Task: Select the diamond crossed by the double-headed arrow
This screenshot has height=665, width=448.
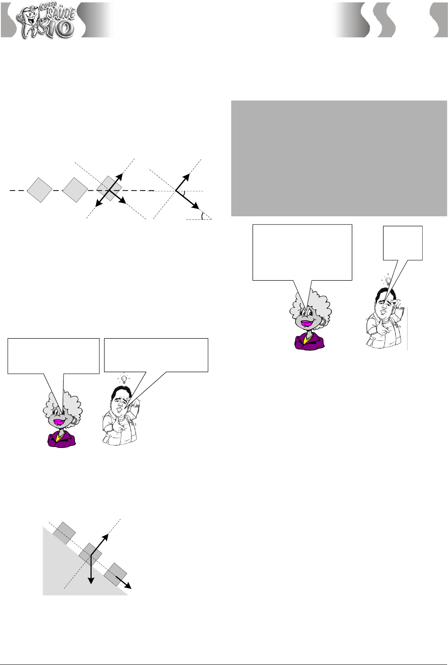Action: (109, 188)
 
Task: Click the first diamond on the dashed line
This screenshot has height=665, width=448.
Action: (40, 190)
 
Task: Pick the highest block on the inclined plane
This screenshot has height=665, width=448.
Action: (64, 533)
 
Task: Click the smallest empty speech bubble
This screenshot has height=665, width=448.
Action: (403, 243)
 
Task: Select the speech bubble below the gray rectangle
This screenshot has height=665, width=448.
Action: (302, 252)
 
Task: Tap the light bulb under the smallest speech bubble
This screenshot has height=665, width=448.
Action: (387, 280)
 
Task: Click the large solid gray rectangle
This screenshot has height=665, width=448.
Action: (339, 158)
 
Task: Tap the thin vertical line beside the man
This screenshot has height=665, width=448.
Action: (407, 329)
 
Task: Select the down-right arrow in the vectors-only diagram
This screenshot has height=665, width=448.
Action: (187, 199)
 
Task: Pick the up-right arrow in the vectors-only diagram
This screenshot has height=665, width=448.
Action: (182, 181)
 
